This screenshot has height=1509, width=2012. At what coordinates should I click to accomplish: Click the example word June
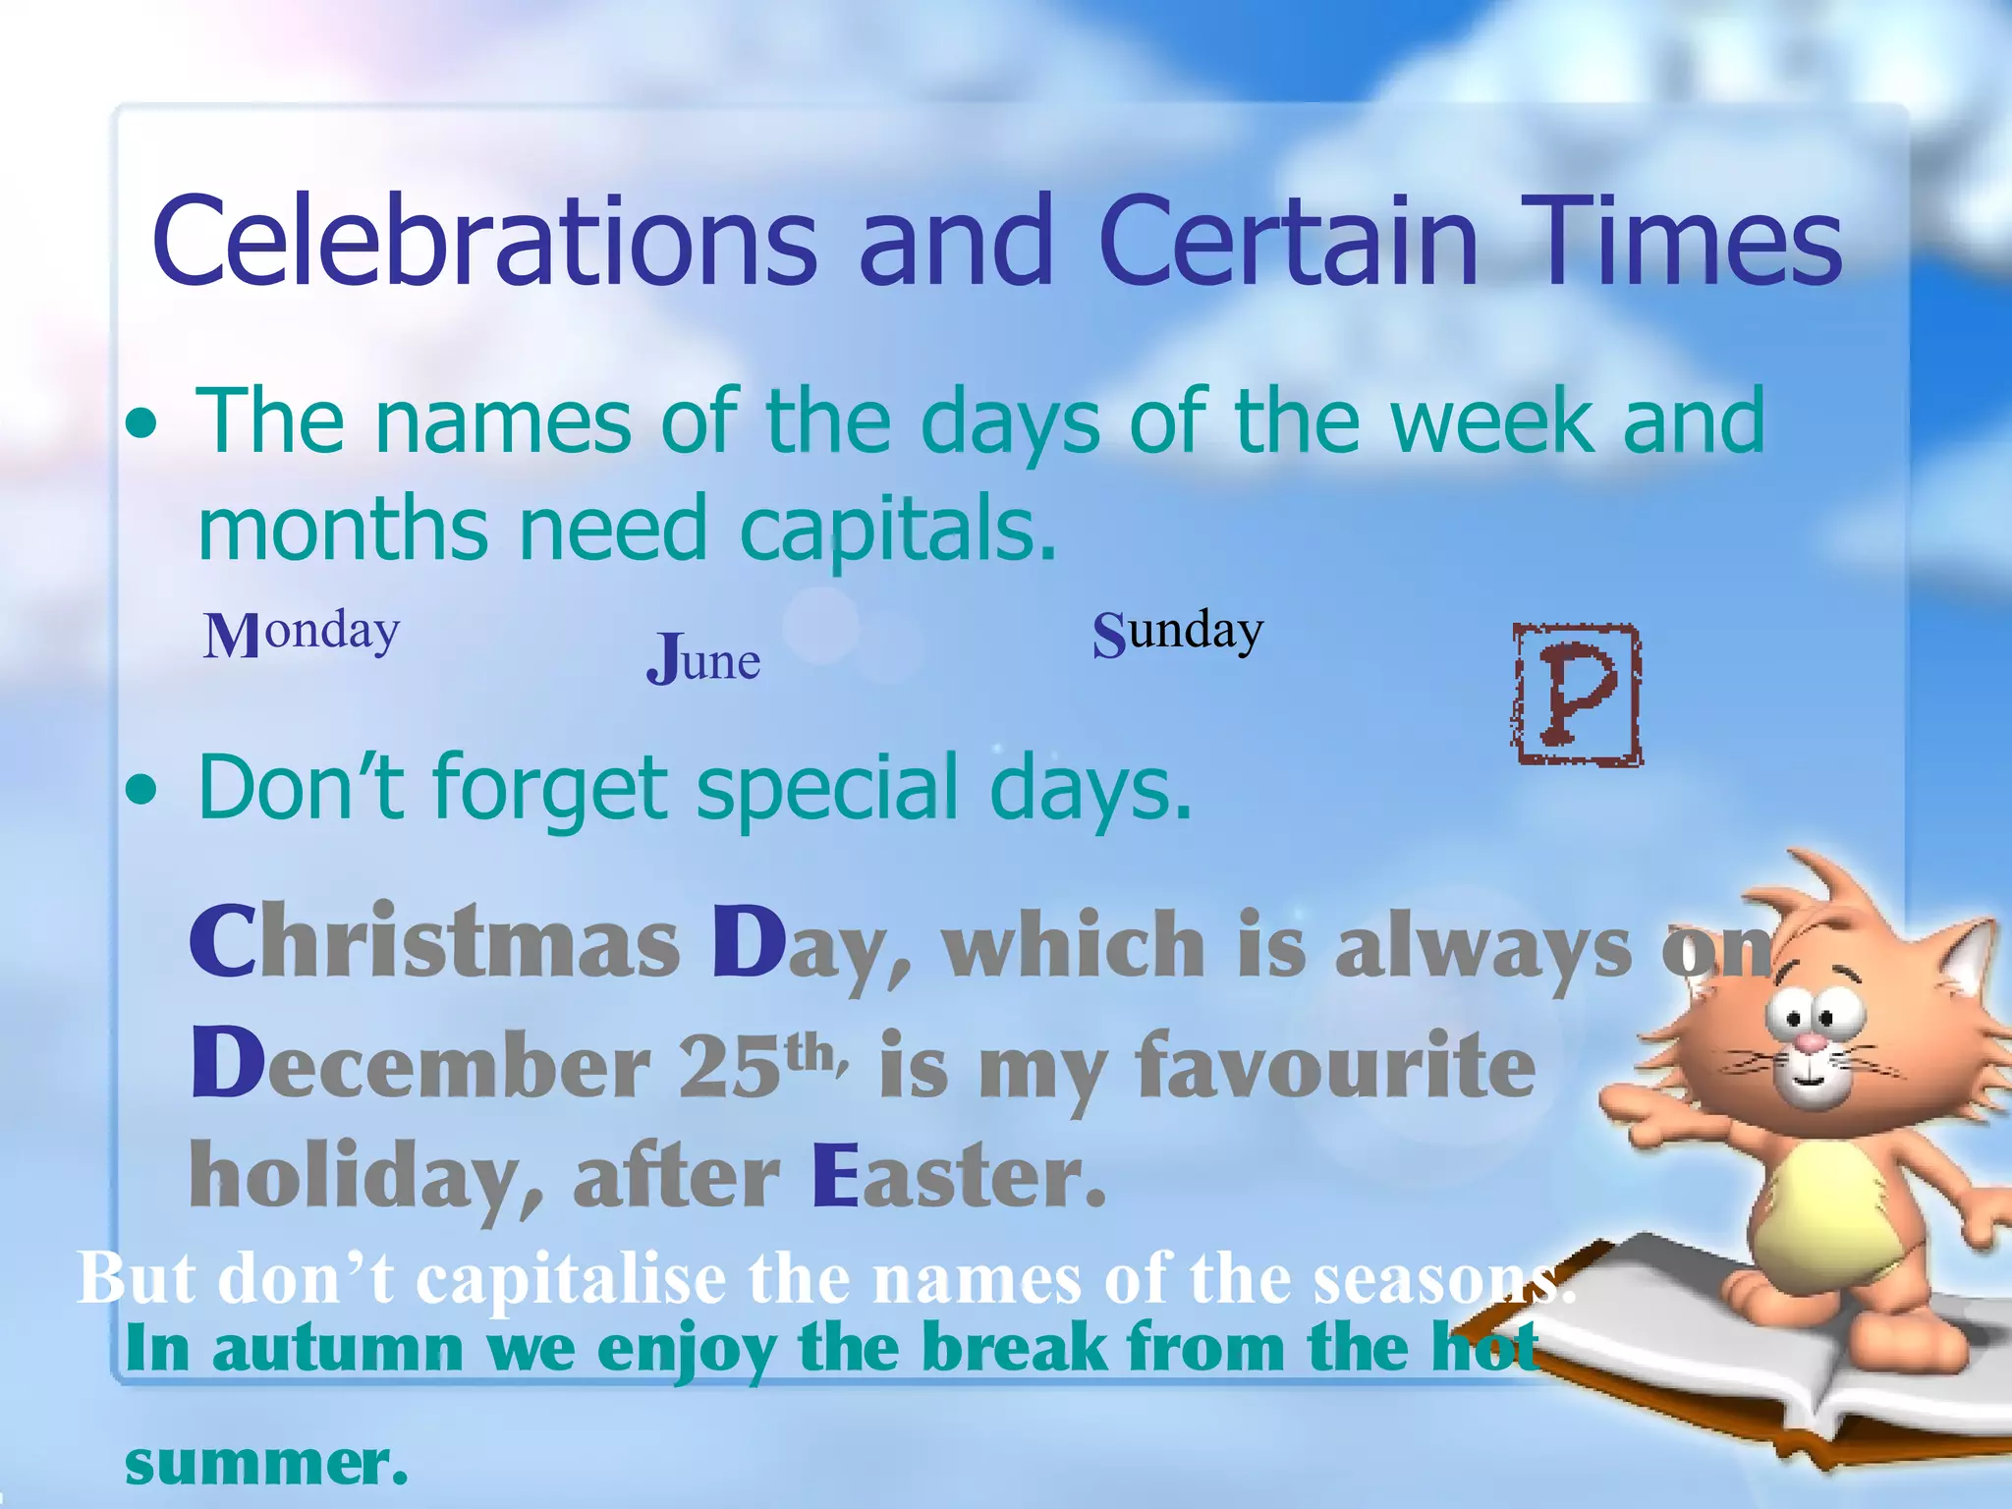tap(703, 659)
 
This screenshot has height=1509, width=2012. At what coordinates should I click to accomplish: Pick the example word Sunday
tap(1177, 632)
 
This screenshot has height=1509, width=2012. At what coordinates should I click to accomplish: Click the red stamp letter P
tap(1577, 695)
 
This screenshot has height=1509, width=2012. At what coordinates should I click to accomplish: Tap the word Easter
tap(959, 1176)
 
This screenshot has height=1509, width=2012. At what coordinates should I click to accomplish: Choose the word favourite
tap(1336, 1065)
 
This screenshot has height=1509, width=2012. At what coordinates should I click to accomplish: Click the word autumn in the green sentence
tap(338, 1348)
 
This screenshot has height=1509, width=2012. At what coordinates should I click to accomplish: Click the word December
tap(420, 1065)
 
